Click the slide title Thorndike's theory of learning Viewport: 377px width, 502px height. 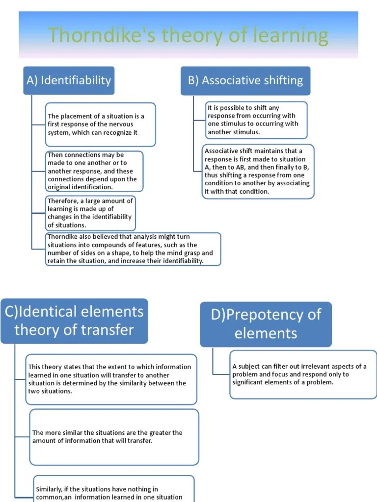(x=188, y=36)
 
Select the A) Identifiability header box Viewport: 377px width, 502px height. (x=69, y=80)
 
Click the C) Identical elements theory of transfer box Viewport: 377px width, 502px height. (x=74, y=321)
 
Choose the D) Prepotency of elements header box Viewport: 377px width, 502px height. (x=266, y=324)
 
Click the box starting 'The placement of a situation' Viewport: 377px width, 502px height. (x=100, y=125)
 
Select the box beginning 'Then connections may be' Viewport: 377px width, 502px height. (x=94, y=171)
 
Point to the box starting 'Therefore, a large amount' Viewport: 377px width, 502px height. (x=90, y=213)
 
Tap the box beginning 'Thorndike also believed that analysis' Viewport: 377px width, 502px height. (x=133, y=249)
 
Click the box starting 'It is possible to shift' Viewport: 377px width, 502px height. (x=256, y=120)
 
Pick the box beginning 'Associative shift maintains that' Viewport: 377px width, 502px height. (x=258, y=171)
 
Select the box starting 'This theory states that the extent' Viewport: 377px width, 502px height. (x=111, y=379)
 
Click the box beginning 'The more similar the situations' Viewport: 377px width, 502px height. (x=114, y=437)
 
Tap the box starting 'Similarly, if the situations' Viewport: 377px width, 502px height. (x=113, y=490)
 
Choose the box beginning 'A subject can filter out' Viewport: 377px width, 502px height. (x=303, y=374)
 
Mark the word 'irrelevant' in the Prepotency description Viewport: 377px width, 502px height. (x=305, y=367)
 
